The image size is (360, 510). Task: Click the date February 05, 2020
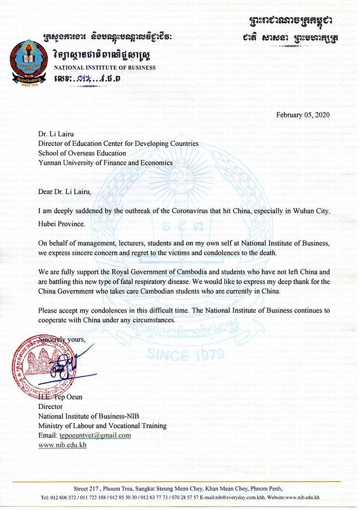[x=303, y=115]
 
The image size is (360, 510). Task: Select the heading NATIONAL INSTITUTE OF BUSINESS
[x=104, y=67]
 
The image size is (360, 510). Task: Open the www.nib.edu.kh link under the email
[x=62, y=445]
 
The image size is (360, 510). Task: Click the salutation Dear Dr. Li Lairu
[x=64, y=191]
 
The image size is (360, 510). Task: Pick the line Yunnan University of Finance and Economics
[x=105, y=163]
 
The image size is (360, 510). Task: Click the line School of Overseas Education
[x=82, y=153]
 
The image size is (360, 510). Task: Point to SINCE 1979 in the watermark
[x=185, y=356]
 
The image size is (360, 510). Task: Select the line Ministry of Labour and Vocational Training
[x=103, y=426]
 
